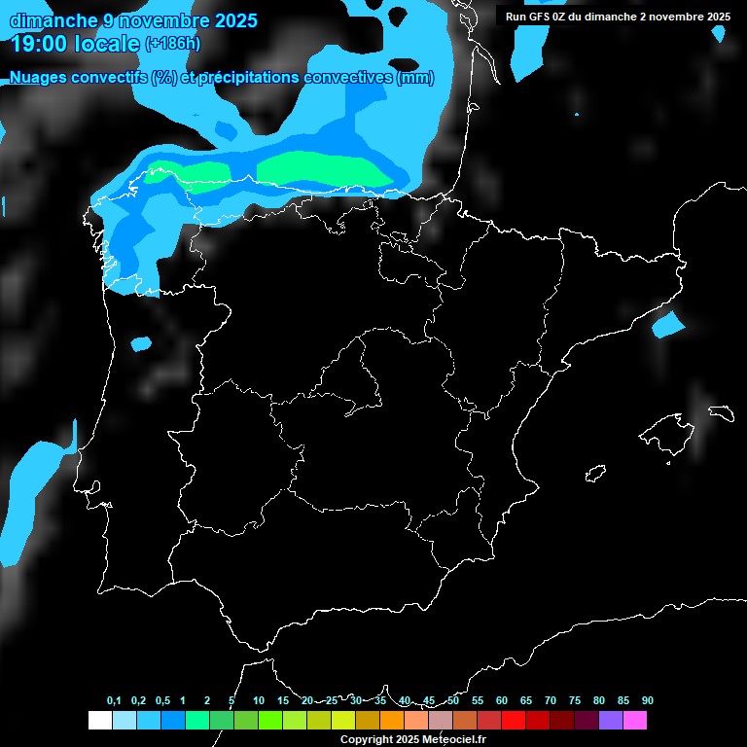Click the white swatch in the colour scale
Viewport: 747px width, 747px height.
tap(99, 721)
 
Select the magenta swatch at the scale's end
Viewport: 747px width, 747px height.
tap(635, 721)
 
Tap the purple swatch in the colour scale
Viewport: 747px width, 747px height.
tap(611, 721)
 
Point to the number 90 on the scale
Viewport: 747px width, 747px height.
tap(648, 700)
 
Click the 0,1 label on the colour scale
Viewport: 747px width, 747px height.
tap(113, 700)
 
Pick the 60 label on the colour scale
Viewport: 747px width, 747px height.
tap(502, 700)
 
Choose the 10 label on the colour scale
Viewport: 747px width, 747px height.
tap(259, 700)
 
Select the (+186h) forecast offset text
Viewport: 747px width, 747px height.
tap(172, 44)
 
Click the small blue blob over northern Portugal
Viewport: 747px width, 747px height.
tap(141, 343)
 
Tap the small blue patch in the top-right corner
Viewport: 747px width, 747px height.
tap(718, 33)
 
